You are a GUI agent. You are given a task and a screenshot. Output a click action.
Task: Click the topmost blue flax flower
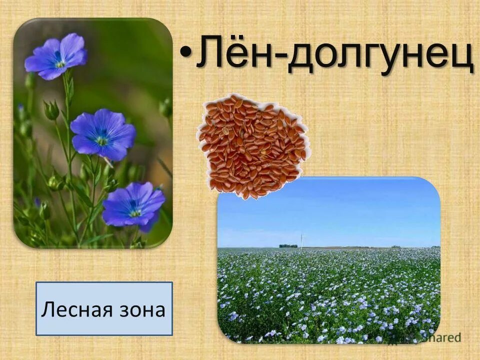pyautogui.click(x=56, y=56)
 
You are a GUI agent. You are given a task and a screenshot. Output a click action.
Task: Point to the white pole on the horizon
pyautogui.click(x=301, y=240)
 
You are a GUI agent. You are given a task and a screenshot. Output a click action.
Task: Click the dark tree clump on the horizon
pyautogui.click(x=288, y=245)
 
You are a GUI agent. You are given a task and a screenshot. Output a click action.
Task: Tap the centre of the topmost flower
pyautogui.click(x=60, y=63)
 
